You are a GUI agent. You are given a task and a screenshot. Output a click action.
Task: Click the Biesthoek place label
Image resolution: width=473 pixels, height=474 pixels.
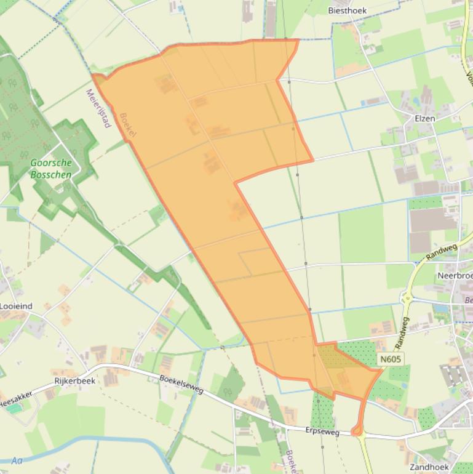(x=347, y=10)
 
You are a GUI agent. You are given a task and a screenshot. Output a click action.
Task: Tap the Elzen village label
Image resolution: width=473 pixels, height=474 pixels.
(x=424, y=118)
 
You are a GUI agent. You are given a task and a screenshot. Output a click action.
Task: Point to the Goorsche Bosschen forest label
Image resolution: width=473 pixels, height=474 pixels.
(x=51, y=169)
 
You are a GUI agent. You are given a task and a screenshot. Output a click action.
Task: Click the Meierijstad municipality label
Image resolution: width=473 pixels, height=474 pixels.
(x=98, y=107)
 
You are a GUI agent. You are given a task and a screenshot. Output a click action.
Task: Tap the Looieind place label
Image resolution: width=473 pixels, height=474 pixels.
(x=16, y=305)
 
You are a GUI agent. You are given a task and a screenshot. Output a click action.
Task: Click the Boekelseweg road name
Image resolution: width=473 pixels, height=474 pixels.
(x=181, y=385)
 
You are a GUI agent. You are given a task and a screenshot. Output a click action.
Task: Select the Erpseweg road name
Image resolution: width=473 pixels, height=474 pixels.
(x=322, y=432)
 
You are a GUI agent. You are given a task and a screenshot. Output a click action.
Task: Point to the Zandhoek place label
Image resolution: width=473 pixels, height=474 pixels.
(x=428, y=467)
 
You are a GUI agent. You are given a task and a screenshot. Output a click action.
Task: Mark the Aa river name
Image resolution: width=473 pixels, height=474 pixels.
(x=17, y=460)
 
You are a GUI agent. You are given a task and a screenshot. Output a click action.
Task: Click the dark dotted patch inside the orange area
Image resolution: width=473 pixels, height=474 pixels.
(x=332, y=357)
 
